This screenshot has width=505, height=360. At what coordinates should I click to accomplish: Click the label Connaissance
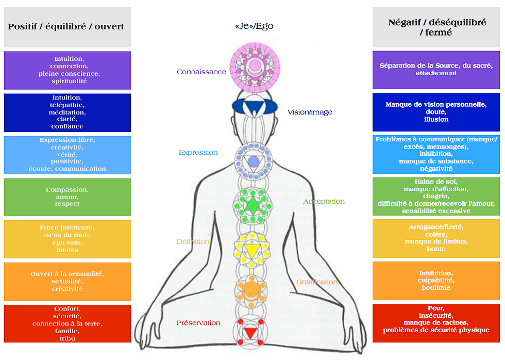201,72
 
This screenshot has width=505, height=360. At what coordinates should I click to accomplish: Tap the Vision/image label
310,112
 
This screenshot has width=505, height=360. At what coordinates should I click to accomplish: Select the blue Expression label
198,153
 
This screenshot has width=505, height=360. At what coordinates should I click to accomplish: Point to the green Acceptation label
324,202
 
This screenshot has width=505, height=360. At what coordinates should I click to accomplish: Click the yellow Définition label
193,241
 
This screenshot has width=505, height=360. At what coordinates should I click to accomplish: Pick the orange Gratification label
317,282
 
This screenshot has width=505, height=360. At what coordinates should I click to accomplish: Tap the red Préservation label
198,323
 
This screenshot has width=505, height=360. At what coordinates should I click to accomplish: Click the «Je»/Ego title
254,26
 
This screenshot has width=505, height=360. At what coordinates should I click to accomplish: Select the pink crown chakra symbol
255,68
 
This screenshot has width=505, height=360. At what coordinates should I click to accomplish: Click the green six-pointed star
253,205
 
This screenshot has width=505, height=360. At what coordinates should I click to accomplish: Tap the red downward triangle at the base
250,333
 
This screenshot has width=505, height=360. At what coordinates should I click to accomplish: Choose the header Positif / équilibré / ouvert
66,26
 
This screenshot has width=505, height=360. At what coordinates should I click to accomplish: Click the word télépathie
67,105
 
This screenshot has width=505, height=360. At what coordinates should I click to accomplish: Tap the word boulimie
436,287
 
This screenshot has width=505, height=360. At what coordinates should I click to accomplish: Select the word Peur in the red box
436,308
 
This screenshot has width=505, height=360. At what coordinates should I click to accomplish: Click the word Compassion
67,190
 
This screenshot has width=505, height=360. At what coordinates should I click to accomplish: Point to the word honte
436,249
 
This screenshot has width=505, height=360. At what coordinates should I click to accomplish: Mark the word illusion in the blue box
436,119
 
